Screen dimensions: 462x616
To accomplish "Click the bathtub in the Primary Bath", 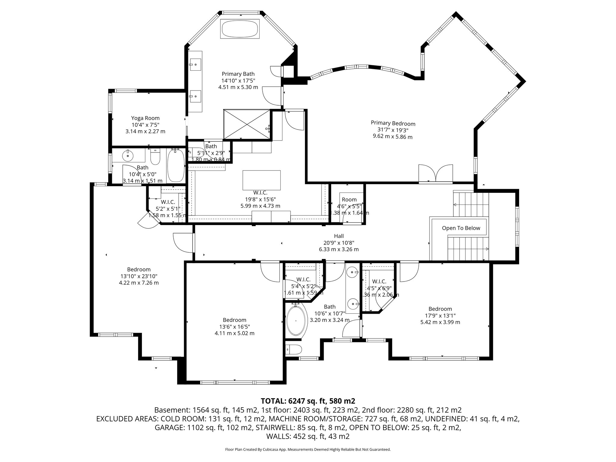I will click(240, 29).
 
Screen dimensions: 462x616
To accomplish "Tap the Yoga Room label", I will click(145, 118).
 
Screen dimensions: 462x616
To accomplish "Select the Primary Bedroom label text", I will click(393, 123).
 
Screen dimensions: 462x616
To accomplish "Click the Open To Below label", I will click(461, 228).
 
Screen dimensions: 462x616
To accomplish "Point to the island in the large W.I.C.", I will click(261, 180).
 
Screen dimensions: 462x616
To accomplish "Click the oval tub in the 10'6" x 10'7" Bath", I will click(297, 321).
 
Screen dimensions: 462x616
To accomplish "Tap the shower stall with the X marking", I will click(247, 124).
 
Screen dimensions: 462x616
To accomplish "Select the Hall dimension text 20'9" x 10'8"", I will click(339, 243).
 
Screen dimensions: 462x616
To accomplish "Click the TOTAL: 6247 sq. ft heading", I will click(308, 401).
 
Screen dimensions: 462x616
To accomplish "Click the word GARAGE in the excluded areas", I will click(169, 428).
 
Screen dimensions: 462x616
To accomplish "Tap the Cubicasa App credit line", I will click(308, 449).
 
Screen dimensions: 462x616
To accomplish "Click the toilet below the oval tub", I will click(294, 350).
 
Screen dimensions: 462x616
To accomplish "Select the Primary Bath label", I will click(238, 74).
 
